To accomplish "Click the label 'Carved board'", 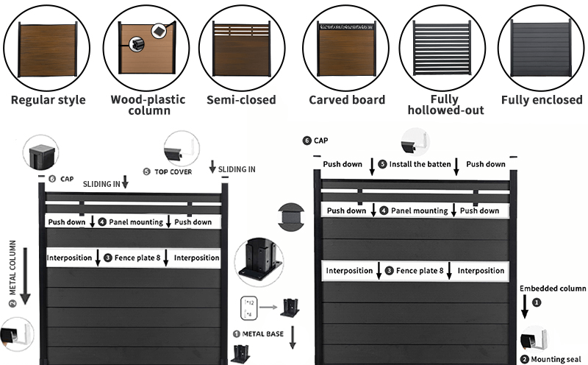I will click(x=346, y=99).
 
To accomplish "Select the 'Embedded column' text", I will click(x=553, y=288).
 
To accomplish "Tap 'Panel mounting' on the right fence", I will click(x=419, y=211).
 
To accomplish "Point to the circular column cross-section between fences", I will click(x=292, y=217).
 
